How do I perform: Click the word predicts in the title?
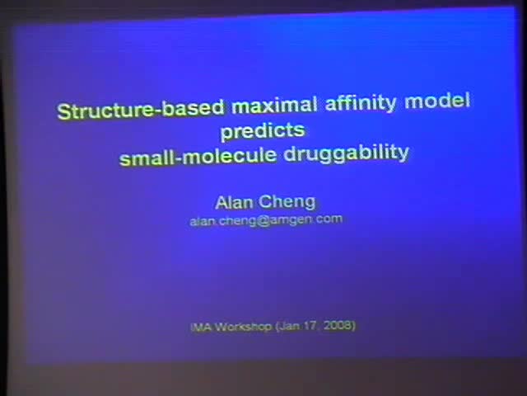(263, 130)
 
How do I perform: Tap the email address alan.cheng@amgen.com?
(266, 220)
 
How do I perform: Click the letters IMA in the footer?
(200, 327)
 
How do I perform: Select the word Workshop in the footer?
(243, 327)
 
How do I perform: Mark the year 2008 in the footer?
(338, 326)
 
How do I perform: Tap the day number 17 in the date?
(311, 326)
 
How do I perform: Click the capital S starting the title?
(63, 111)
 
